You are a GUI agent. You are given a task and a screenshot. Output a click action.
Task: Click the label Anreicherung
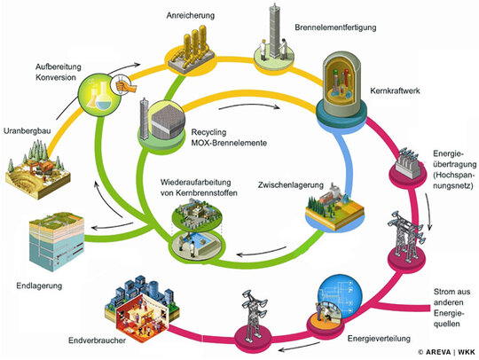(x=191, y=16)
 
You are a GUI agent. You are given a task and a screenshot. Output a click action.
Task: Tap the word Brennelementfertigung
(x=335, y=27)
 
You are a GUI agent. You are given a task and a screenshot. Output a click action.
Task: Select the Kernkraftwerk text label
(x=395, y=90)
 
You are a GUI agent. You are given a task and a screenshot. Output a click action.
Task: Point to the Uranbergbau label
(x=27, y=131)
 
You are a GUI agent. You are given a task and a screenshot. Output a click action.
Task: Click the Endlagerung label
(x=39, y=286)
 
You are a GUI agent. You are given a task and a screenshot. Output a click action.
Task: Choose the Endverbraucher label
(x=97, y=340)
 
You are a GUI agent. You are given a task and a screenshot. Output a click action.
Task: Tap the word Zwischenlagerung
(x=291, y=185)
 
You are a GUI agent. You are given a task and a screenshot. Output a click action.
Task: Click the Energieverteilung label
(x=379, y=339)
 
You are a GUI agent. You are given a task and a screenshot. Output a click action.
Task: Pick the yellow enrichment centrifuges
(x=192, y=49)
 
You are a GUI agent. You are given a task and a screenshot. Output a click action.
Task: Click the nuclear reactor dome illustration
(x=342, y=85)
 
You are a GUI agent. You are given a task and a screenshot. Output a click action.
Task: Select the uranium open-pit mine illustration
(x=38, y=170)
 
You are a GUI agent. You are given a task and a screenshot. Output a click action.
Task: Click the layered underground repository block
(x=57, y=241)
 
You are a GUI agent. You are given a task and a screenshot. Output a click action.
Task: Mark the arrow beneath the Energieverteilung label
(x=300, y=347)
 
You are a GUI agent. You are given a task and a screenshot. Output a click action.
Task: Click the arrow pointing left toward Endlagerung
(x=113, y=226)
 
